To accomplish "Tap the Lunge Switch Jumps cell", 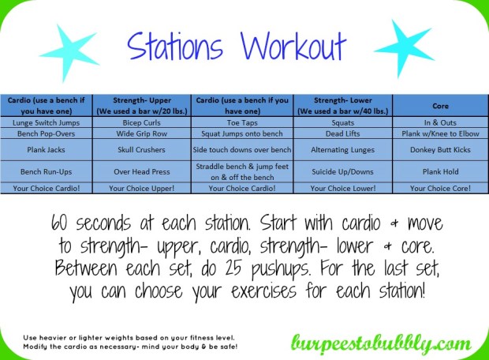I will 48,122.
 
